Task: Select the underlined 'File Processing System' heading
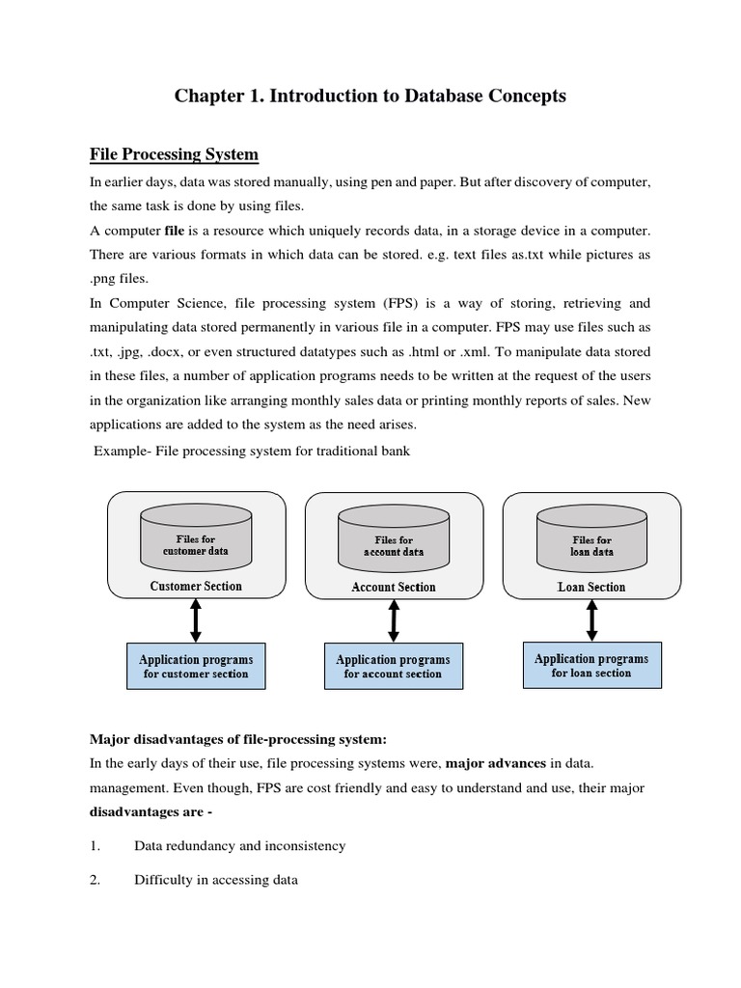174,154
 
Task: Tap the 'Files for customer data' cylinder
196,544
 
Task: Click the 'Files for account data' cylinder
394,545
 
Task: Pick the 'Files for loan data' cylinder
592,545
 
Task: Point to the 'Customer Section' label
196,586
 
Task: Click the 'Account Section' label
394,587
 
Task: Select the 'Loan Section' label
591,587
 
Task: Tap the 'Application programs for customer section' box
196,667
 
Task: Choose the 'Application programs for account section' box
393,667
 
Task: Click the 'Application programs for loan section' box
591,665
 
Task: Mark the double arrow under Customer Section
196,619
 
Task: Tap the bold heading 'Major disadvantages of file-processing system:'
238,739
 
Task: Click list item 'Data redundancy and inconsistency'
239,845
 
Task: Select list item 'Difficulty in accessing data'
216,880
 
